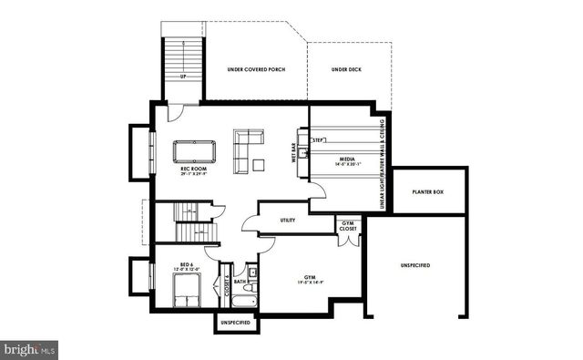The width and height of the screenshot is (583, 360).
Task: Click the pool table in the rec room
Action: pos(191,149)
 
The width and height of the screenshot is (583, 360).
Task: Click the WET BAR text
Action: pos(294,153)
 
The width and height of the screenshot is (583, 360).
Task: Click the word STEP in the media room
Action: pos(319,140)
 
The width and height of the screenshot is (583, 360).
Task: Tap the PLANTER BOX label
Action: pos(427,193)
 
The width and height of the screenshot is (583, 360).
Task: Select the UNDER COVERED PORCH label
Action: pos(257,69)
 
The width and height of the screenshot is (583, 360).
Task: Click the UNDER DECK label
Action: pos(347,69)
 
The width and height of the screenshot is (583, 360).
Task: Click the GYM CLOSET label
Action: pos(347,226)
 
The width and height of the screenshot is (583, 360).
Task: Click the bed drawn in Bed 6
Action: pos(186,293)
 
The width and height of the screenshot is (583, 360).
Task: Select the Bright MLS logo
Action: pos(29,348)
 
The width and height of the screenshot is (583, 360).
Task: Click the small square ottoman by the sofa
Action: pos(259,165)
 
